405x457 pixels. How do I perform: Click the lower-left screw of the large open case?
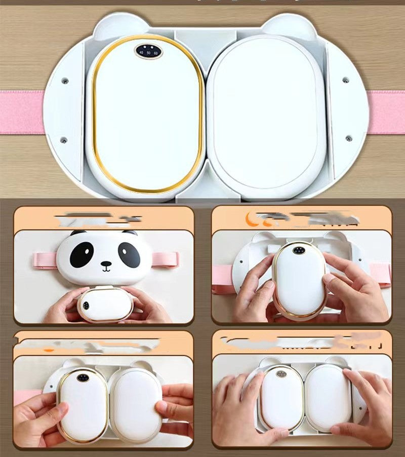click(x=64, y=140)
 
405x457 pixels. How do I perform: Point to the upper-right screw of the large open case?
click(x=345, y=80)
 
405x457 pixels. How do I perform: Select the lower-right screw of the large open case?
click(x=348, y=138)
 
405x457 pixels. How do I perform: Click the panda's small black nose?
click(x=105, y=264)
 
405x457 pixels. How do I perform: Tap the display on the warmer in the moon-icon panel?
click(x=298, y=250)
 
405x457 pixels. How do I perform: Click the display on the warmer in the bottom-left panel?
click(x=83, y=377)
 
